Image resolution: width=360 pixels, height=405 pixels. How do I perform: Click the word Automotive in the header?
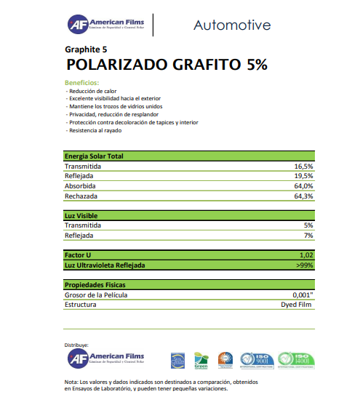(x=232, y=25)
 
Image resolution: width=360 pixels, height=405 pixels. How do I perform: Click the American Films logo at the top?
(x=105, y=25)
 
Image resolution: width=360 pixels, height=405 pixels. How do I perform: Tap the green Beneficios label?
(x=81, y=83)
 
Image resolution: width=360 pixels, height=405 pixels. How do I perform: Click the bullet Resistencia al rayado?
(x=96, y=130)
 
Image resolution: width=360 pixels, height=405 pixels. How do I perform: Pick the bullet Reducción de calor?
(x=92, y=91)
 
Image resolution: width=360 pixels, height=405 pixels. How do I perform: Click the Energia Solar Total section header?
(x=94, y=156)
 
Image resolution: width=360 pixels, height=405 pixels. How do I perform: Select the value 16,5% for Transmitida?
(x=303, y=167)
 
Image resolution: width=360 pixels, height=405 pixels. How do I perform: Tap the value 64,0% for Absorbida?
(x=303, y=186)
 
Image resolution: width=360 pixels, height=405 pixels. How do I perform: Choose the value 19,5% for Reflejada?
(x=303, y=176)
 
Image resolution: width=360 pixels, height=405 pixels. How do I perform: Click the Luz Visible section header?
(x=81, y=216)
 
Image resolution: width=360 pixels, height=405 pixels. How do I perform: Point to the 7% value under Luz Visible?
(x=308, y=236)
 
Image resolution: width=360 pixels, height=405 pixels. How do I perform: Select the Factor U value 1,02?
(x=306, y=256)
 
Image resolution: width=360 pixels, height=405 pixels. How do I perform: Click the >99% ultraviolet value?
(x=305, y=265)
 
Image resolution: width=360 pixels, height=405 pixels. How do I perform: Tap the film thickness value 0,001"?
(x=302, y=295)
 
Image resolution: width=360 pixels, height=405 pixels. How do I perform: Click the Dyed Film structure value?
(x=297, y=305)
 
